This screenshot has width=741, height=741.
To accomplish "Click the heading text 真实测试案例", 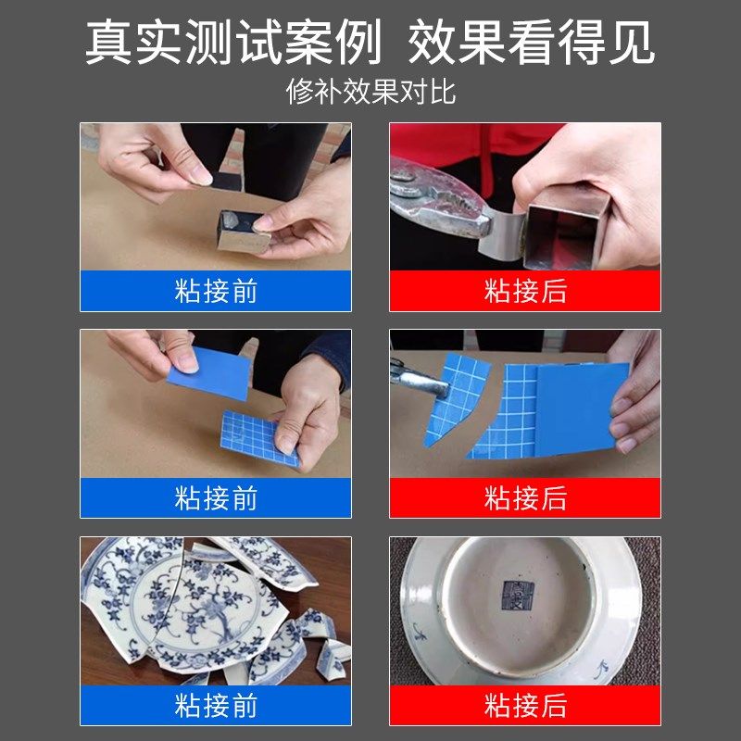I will pos(232,43).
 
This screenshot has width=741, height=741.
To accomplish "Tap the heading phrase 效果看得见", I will pos(531,43).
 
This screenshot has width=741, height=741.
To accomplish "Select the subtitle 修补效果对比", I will pos(370,93).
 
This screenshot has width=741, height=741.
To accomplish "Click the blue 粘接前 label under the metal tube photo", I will pos(215,291).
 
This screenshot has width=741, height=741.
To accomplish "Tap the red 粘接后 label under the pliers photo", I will pos(524,291).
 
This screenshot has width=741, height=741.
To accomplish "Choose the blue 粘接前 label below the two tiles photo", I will pos(215,498).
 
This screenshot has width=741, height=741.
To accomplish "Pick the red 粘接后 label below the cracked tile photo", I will pos(524,498).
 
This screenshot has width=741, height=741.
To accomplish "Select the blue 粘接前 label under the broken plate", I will pos(215,705).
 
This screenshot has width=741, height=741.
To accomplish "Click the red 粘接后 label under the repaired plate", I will pos(524,705).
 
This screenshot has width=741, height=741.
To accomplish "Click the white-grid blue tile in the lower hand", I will pos(259,435).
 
